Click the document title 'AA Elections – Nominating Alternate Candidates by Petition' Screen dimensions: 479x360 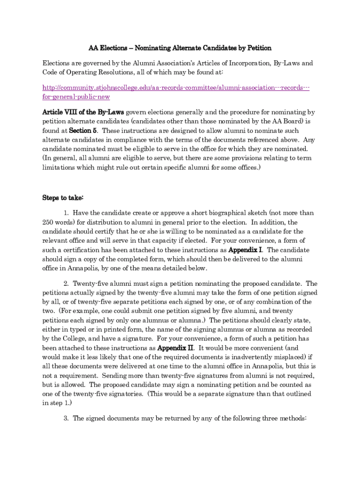pyautogui.click(x=180, y=48)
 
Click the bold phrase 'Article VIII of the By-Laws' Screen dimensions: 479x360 pyautogui.click(x=83, y=112)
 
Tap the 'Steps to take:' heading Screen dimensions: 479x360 pyautogui.click(x=63, y=198)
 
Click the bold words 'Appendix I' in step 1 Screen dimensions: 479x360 pyautogui.click(x=245, y=250)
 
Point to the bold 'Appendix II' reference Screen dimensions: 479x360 pyautogui.click(x=175, y=348)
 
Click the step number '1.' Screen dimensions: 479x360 pyautogui.click(x=66, y=213)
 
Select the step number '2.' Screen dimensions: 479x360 pyautogui.click(x=66, y=283)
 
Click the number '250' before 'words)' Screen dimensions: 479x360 pyautogui.click(x=48, y=222)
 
